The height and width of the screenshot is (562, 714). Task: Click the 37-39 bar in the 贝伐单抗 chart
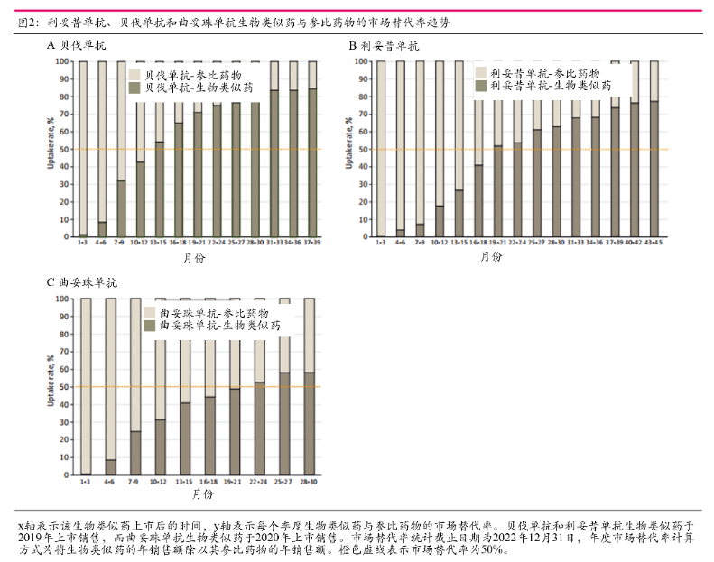tap(312, 162)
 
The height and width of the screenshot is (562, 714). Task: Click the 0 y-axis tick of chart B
tap(364, 237)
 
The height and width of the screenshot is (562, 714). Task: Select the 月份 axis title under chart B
tap(492, 256)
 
